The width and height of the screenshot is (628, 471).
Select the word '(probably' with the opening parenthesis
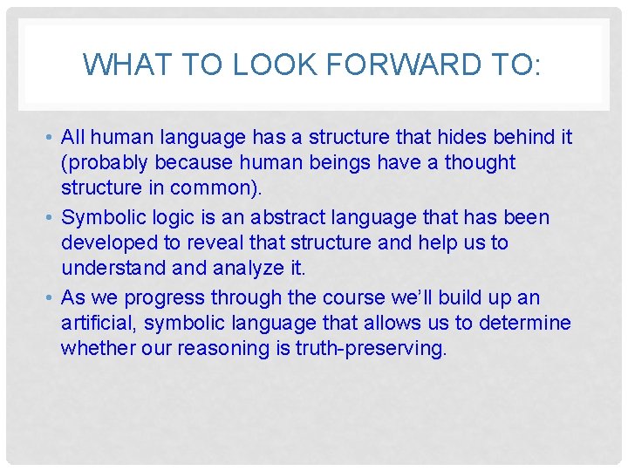click(104, 163)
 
